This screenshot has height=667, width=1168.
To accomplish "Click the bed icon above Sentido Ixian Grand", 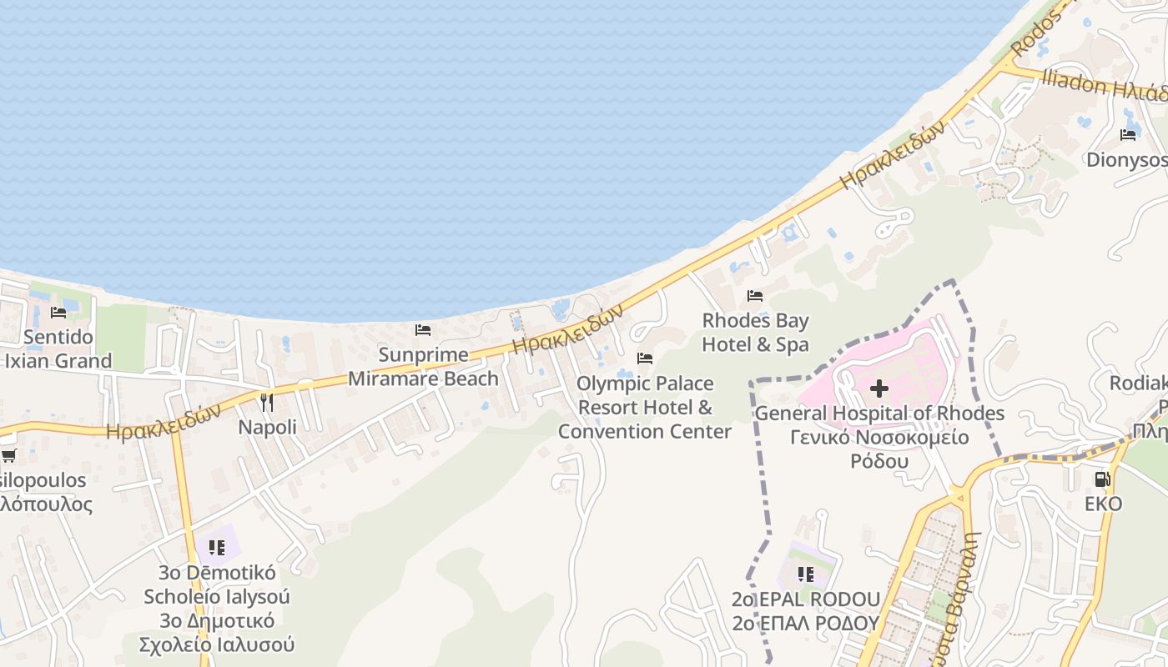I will click(58, 313).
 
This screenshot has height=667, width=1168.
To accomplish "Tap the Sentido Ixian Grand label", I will click(58, 349).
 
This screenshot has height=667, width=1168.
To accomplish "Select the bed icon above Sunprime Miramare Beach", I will click(423, 330).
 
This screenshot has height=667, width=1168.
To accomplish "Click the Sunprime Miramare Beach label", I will click(423, 367).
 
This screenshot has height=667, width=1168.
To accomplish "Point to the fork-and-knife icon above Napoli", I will click(267, 403).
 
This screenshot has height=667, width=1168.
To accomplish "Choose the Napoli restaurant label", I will click(267, 427).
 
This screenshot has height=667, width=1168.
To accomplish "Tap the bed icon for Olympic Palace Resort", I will click(645, 359).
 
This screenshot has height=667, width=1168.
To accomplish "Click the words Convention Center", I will click(645, 431).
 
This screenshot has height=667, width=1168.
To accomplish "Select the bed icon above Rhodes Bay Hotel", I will click(755, 296).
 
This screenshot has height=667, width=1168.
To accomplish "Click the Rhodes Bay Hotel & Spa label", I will click(755, 332).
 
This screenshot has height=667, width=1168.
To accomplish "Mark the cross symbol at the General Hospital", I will click(879, 389).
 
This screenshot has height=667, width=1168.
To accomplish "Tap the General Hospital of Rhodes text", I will click(879, 414).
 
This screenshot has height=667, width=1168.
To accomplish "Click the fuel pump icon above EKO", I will click(1103, 479).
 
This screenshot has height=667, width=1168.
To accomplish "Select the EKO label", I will click(1103, 504).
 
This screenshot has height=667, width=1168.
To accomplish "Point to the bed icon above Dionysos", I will click(1129, 134).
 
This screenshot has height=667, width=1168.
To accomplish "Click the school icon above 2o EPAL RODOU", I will click(806, 574).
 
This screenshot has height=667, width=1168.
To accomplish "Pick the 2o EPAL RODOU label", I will click(806, 599).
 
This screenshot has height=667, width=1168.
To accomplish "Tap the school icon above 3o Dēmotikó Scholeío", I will click(217, 548).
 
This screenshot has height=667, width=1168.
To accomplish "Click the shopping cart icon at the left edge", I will click(8, 455).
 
